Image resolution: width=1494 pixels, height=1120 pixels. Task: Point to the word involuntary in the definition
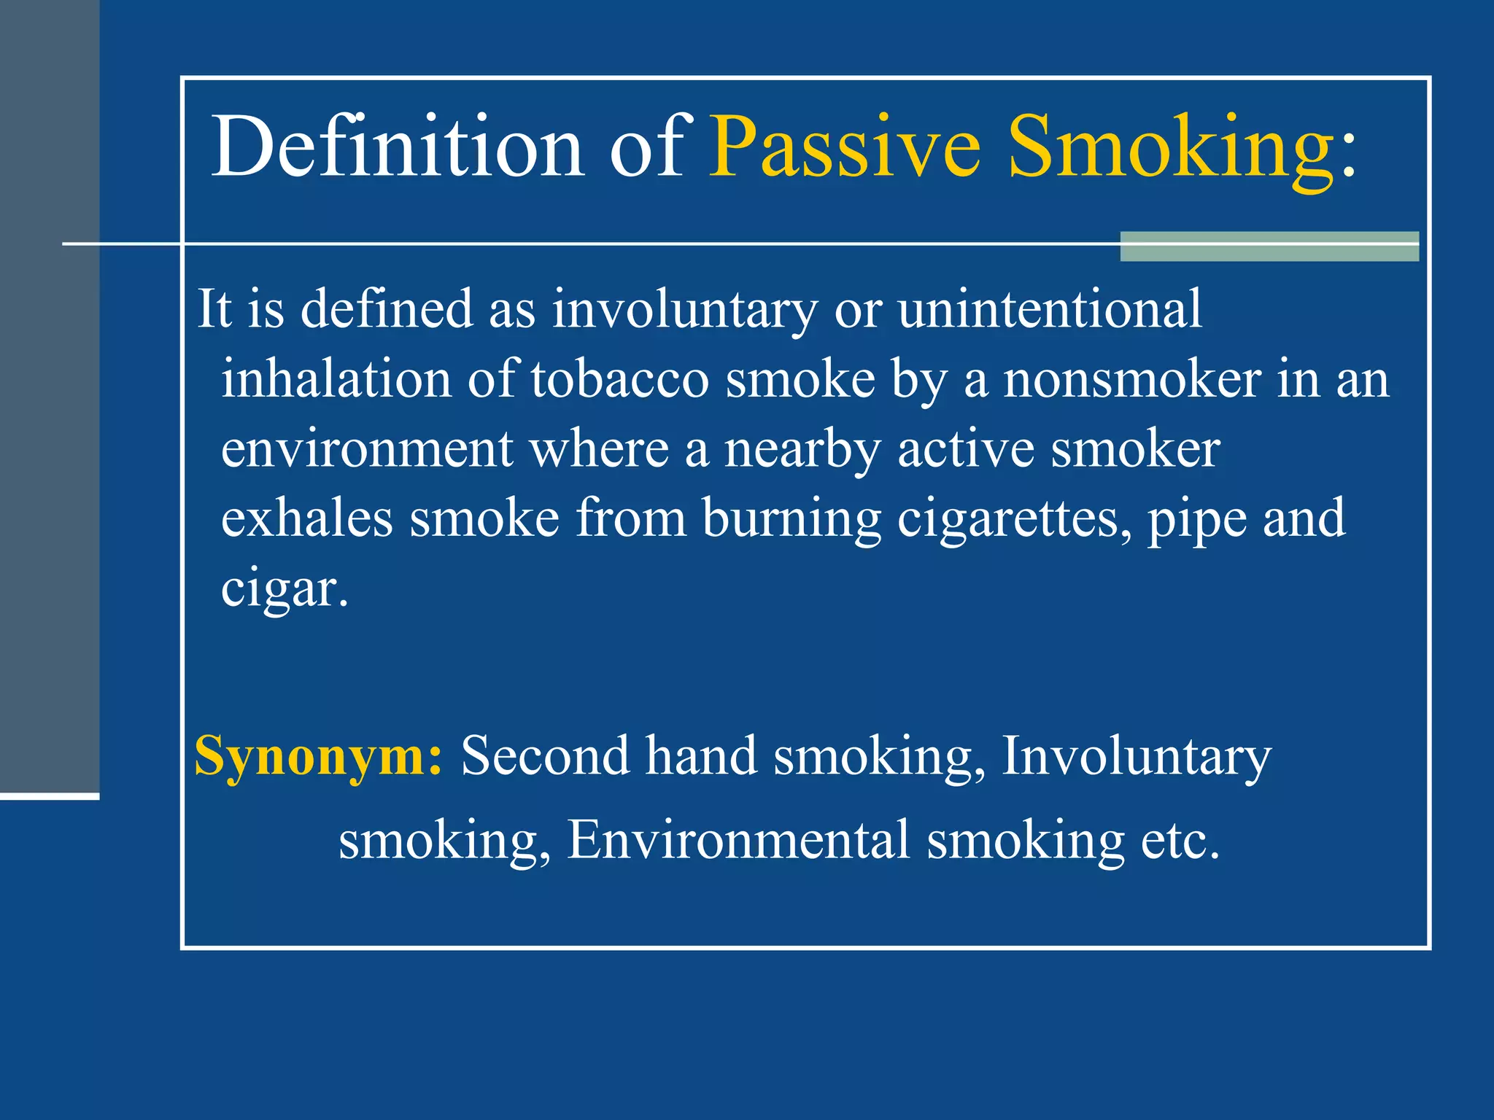point(684,309)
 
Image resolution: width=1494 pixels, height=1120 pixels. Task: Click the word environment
point(367,449)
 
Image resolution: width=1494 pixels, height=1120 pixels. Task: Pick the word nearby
point(802,449)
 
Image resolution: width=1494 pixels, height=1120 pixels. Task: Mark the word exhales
point(307,519)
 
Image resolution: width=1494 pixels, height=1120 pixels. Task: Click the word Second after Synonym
point(544,755)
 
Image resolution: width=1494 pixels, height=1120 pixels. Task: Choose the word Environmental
point(738,840)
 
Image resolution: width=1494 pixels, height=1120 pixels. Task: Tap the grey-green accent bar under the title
point(1269,246)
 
